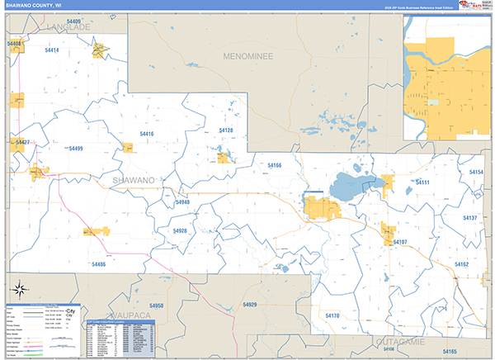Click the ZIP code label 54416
pyautogui.click(x=147, y=133)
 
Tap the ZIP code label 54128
pyautogui.click(x=226, y=130)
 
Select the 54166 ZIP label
pyautogui.click(x=275, y=165)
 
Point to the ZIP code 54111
pyautogui.click(x=422, y=182)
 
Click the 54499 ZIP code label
pyautogui.click(x=76, y=149)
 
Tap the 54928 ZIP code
pyautogui.click(x=180, y=231)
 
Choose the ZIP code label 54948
pyautogui.click(x=182, y=202)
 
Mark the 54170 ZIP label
pyautogui.click(x=332, y=316)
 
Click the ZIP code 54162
pyautogui.click(x=461, y=264)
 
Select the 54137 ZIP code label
pyautogui.click(x=469, y=218)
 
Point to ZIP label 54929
pyautogui.click(x=250, y=306)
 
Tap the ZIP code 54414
pyautogui.click(x=52, y=51)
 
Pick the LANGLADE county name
pyautogui.click(x=68, y=27)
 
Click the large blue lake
pyautogui.click(x=352, y=187)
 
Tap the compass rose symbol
pyautogui.click(x=18, y=289)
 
